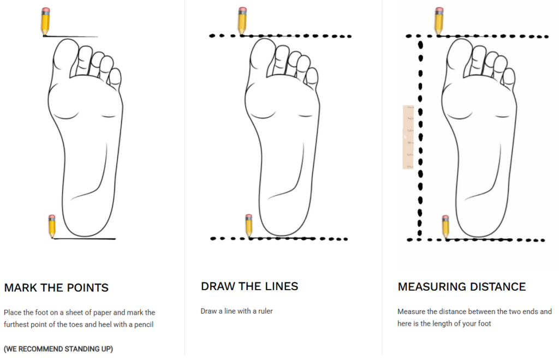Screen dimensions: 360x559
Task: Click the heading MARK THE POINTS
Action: click(56, 287)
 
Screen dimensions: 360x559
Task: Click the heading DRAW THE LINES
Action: click(249, 286)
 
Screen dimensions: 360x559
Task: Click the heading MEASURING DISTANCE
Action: click(461, 286)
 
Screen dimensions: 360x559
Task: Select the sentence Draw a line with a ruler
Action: click(236, 311)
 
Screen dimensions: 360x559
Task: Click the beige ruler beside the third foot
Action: click(408, 137)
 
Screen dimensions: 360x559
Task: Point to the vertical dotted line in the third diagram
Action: click(420, 136)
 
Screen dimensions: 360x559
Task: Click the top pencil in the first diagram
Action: click(45, 21)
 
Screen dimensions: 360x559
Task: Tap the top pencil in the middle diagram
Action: click(242, 21)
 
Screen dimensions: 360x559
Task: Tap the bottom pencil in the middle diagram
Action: click(249, 225)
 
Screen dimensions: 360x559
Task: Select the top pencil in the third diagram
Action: click(438, 21)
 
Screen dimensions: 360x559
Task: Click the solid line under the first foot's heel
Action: click(85, 238)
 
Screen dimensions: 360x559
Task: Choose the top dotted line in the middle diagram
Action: click(281, 36)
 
